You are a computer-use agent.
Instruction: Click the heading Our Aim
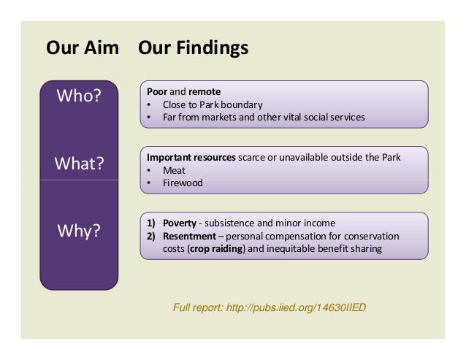(83, 49)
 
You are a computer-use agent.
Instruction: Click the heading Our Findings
(193, 49)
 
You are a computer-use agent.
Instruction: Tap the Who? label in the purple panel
(79, 96)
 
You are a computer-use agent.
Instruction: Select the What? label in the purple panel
(79, 163)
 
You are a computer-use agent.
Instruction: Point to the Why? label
(79, 231)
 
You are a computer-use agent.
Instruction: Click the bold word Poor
(157, 92)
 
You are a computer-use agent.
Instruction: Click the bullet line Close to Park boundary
(213, 104)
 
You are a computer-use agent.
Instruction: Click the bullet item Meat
(175, 170)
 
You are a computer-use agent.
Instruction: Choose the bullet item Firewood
(183, 183)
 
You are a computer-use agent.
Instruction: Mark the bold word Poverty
(179, 223)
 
